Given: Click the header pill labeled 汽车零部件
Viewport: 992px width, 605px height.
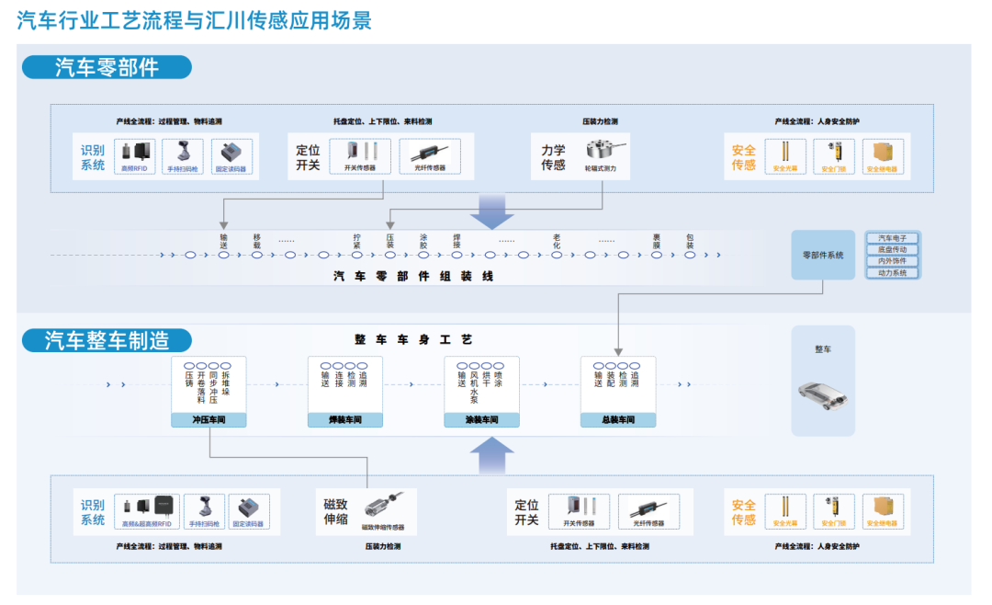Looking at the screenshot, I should coord(107,67).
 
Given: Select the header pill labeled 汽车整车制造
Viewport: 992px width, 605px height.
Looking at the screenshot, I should coord(107,340).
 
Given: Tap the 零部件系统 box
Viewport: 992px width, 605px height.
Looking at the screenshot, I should coord(823,255).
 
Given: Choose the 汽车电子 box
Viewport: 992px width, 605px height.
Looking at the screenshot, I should coord(892,238).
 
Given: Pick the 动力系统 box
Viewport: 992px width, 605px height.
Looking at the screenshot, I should coord(892,273).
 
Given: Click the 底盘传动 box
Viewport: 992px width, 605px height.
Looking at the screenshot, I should coord(892,250).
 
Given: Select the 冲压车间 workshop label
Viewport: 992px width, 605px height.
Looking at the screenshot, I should coord(209,420).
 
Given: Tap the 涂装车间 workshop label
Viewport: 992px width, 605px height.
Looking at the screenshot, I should coord(481,420).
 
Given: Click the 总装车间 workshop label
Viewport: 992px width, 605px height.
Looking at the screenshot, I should coord(618,420).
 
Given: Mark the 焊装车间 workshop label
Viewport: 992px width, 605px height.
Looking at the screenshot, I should coord(345,420).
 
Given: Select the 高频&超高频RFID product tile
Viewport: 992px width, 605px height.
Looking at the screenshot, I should coord(147,511).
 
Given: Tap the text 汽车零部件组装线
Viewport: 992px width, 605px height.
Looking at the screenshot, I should coord(413,276).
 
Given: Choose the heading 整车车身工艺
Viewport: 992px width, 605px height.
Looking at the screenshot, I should coord(413,340).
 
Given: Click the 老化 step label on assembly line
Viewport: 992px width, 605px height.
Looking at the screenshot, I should coord(557,241).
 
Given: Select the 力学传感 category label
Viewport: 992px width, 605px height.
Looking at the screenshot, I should coord(553,157).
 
